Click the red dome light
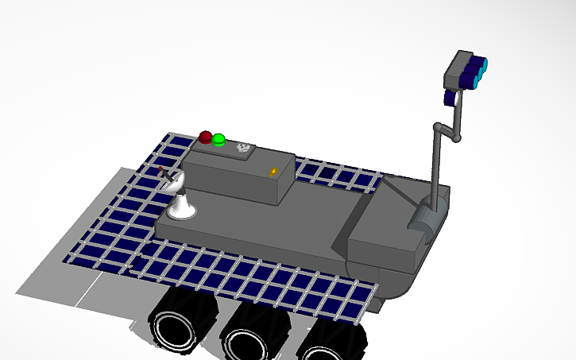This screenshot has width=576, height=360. tap(206, 137)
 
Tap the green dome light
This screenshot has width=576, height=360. tap(218, 140)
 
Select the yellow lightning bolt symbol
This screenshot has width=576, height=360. tap(274, 171)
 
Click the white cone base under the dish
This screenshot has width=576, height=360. tap(182, 210)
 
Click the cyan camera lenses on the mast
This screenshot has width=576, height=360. tap(479, 71)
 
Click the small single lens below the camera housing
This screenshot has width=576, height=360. tap(450, 98)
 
